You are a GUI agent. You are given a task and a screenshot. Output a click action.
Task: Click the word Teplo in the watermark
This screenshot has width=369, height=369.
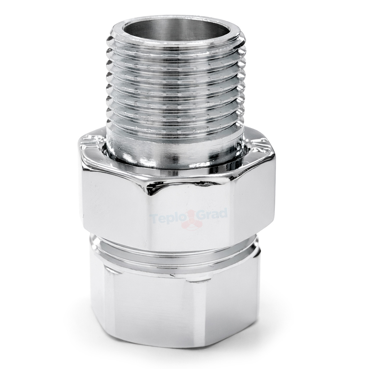[x=163, y=218]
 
